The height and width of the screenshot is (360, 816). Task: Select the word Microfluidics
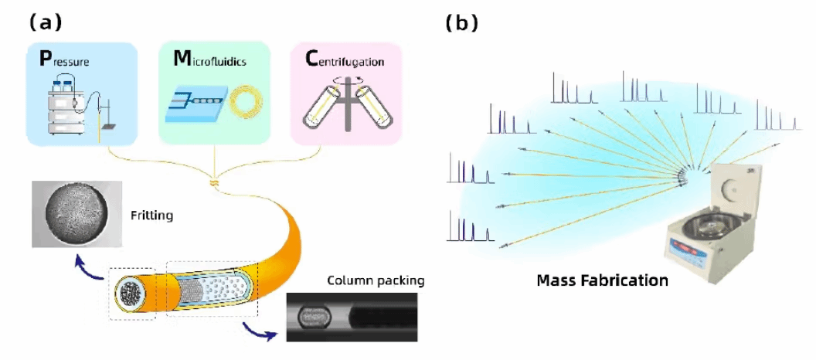tap(209, 59)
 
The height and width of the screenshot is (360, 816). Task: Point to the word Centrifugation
tap(344, 60)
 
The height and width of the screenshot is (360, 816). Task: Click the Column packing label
tap(376, 281)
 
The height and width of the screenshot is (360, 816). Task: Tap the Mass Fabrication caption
tap(602, 281)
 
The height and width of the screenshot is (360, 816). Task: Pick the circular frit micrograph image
tap(76, 213)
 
